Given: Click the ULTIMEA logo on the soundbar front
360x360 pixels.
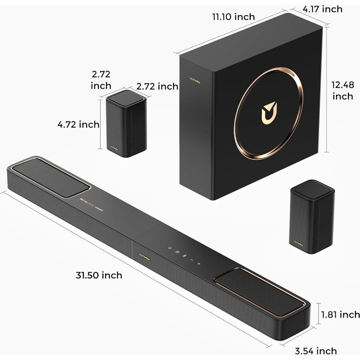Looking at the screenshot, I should (144, 257).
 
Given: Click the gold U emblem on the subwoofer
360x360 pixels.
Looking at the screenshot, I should (269, 112).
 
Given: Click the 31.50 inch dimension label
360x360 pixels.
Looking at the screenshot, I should (99, 275).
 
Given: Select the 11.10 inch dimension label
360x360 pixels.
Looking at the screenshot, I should (233, 16).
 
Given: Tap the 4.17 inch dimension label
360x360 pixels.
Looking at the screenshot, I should (322, 9).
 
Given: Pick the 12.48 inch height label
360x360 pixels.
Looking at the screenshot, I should (343, 90).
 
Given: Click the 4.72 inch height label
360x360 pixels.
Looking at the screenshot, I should (78, 124).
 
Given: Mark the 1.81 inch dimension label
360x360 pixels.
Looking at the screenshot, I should (340, 314).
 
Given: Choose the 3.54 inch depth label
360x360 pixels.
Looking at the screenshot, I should (316, 351).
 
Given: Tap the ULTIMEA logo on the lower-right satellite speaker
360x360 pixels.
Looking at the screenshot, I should (298, 243).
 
